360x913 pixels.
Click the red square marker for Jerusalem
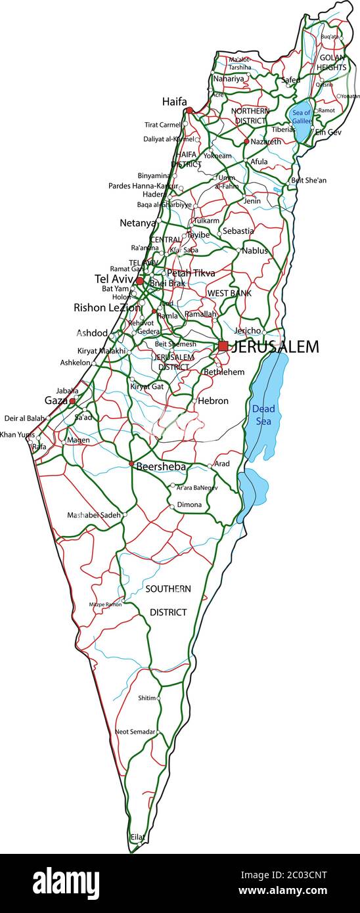tap(223, 346)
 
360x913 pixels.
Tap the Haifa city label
tap(174, 102)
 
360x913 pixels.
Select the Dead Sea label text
tap(263, 414)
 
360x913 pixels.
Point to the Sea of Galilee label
tap(302, 117)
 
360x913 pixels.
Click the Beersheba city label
tap(161, 467)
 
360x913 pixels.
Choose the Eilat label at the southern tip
tap(137, 837)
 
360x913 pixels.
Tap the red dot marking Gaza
tap(72, 400)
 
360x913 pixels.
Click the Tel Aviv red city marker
tap(140, 281)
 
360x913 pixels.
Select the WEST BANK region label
tap(229, 293)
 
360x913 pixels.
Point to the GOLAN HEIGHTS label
tap(332, 62)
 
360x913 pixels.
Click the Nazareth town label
tap(265, 141)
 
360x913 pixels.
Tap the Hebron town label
tap(212, 401)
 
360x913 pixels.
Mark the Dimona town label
tap(189, 504)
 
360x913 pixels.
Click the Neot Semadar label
tap(135, 731)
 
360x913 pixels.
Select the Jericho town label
tap(248, 331)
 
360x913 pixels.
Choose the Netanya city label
tap(138, 223)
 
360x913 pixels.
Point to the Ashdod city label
tap(92, 333)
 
